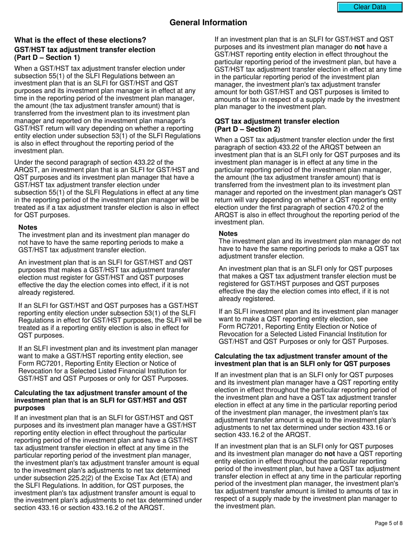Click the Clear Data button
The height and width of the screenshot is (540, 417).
click(370, 7)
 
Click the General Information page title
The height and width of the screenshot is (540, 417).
click(208, 22)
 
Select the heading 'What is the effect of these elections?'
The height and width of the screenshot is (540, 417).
click(80, 40)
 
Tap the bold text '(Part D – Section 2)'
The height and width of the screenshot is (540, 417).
click(247, 129)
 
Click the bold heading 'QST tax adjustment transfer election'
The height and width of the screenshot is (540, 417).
click(277, 121)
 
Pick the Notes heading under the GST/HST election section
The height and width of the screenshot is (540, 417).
click(28, 227)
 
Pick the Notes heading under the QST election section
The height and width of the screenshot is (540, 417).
click(228, 234)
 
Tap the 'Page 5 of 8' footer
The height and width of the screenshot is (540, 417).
click(389, 523)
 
